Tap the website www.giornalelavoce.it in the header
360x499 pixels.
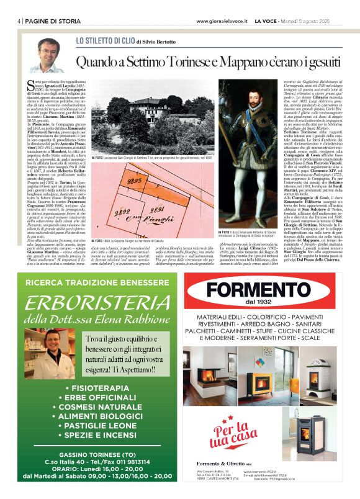[x=221, y=21]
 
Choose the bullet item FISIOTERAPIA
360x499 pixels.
[x=96, y=390]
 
